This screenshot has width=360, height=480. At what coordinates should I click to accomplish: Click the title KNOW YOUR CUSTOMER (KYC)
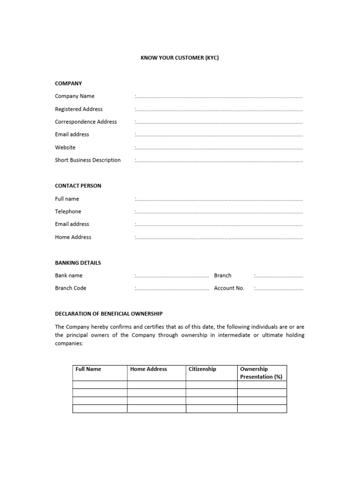point(180,58)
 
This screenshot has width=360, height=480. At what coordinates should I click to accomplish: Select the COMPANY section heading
point(68,83)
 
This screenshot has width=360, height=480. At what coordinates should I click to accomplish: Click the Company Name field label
point(75,96)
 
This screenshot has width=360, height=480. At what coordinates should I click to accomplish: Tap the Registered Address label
point(79,109)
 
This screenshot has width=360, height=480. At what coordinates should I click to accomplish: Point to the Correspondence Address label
point(86,122)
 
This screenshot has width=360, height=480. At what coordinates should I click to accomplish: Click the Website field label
point(65,147)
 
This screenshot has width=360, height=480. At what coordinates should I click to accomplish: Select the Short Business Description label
point(88,160)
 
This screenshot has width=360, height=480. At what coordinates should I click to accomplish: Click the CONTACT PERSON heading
point(78,186)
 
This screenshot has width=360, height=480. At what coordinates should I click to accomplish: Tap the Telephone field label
point(68,211)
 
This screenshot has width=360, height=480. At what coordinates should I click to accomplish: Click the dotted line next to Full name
point(219,199)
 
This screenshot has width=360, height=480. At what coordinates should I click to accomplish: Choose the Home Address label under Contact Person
point(73,237)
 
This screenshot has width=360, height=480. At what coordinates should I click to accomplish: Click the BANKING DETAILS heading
point(78,262)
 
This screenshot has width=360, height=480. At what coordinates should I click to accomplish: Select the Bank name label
point(68,276)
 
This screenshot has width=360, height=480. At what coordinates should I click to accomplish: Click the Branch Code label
point(70,288)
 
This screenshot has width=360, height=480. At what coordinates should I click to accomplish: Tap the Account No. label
point(229,288)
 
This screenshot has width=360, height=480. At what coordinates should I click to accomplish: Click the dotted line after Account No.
point(279,289)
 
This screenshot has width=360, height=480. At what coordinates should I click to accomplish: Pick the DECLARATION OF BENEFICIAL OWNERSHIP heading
point(109,314)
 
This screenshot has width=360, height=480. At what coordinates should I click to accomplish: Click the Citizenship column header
point(202,369)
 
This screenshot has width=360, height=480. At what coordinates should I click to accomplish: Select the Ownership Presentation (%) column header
point(261,373)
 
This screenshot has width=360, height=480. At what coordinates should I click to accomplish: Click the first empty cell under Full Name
point(100,385)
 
